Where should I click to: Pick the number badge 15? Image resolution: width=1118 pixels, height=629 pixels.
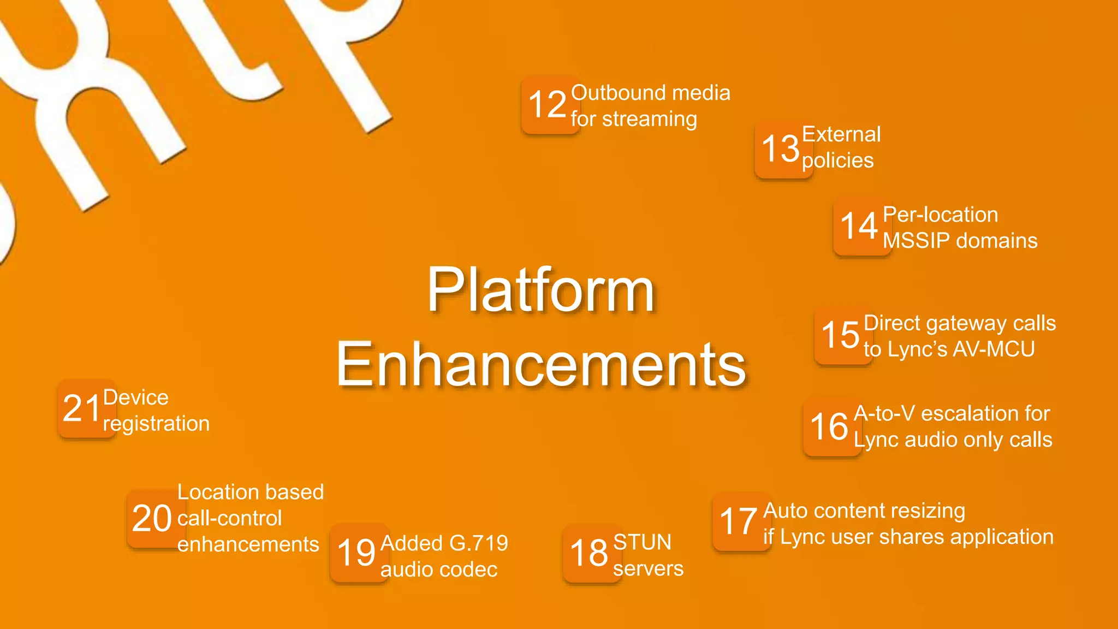[841, 335]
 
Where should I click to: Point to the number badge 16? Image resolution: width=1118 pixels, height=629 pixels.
[830, 426]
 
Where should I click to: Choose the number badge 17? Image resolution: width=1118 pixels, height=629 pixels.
[739, 521]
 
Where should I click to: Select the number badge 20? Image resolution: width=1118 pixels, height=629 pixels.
[152, 518]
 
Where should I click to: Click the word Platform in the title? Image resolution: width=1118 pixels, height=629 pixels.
[540, 290]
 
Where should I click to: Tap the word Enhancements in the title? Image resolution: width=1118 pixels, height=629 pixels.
[540, 364]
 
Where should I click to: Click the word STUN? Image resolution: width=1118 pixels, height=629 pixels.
[642, 542]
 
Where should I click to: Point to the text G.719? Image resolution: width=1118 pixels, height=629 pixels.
[478, 543]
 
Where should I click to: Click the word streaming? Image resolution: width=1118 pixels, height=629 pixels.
[650, 119]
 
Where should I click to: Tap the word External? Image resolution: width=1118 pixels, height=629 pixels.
[841, 134]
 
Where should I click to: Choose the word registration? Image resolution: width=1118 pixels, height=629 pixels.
[157, 424]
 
